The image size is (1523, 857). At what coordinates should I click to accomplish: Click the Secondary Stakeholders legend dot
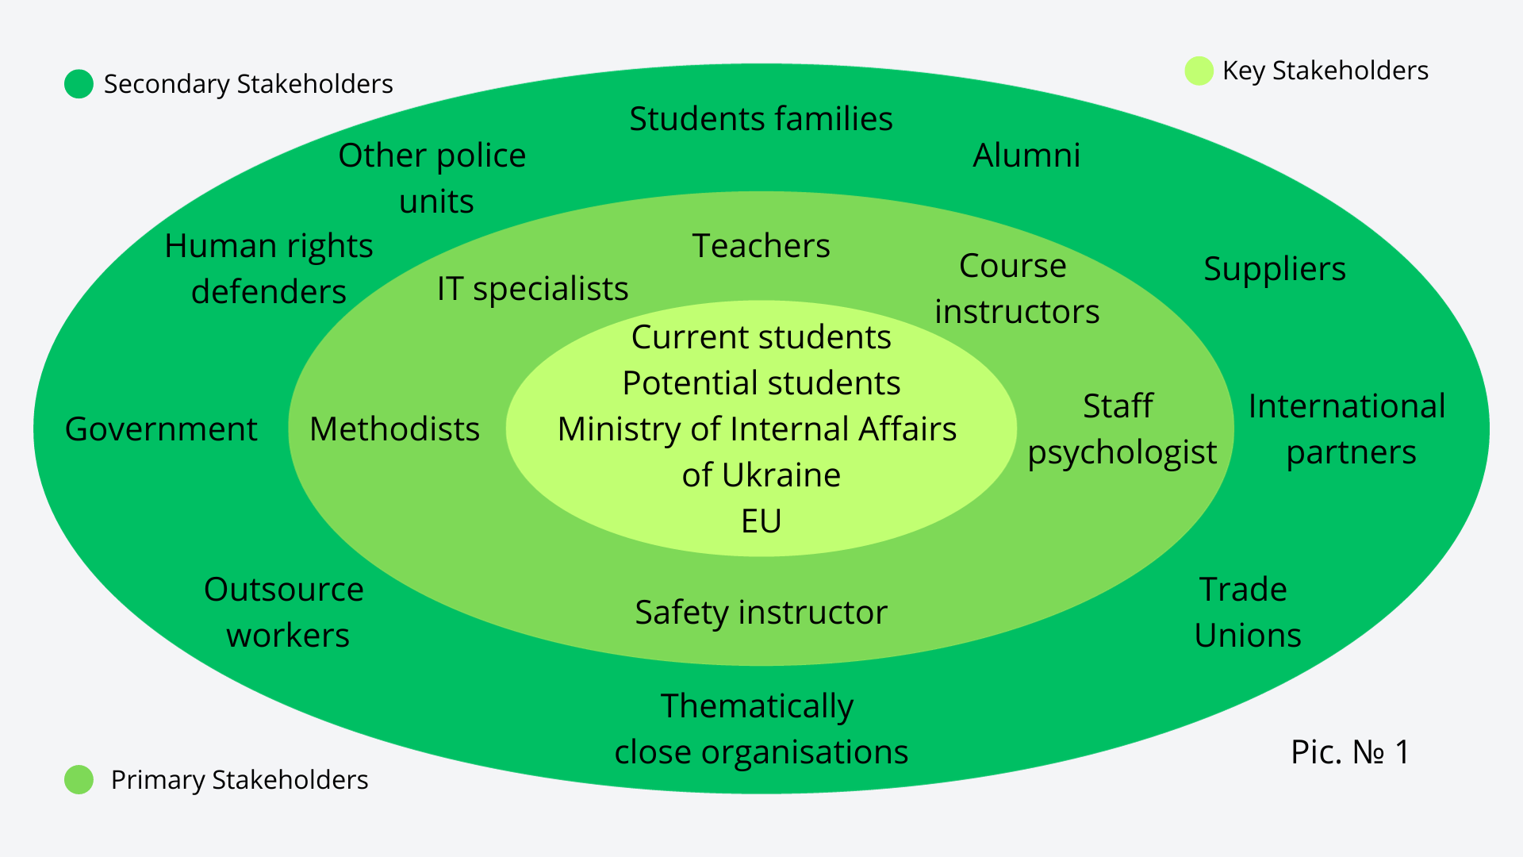pyautogui.click(x=79, y=84)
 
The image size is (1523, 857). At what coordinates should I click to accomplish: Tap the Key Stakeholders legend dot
pyautogui.click(x=1199, y=71)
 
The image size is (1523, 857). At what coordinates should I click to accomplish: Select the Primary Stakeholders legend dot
pyautogui.click(x=79, y=779)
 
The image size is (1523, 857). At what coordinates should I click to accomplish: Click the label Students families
pyautogui.click(x=761, y=119)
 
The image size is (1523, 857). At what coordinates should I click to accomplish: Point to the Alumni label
pyautogui.click(x=1026, y=156)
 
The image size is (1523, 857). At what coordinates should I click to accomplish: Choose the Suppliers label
pyautogui.click(x=1274, y=269)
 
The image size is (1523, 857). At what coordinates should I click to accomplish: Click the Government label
pyautogui.click(x=161, y=429)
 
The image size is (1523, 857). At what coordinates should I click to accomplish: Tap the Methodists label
pyautogui.click(x=394, y=429)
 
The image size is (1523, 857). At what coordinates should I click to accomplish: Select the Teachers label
pyautogui.click(x=761, y=246)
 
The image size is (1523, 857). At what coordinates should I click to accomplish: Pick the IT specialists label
pyautogui.click(x=532, y=289)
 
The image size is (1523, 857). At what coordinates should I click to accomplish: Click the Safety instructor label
pyautogui.click(x=761, y=613)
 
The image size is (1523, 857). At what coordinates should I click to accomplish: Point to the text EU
pyautogui.click(x=761, y=521)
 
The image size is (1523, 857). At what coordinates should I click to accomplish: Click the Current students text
pyautogui.click(x=761, y=337)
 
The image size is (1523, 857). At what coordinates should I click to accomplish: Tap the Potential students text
pyautogui.click(x=761, y=383)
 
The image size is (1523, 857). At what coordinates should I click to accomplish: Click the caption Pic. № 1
pyautogui.click(x=1349, y=752)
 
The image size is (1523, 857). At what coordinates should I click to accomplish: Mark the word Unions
pyautogui.click(x=1248, y=636)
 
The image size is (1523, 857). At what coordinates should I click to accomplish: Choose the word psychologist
pyautogui.click(x=1122, y=453)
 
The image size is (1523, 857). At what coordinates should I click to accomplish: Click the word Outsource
pyautogui.click(x=283, y=590)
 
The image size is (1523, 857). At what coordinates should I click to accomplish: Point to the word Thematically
pyautogui.click(x=757, y=706)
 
